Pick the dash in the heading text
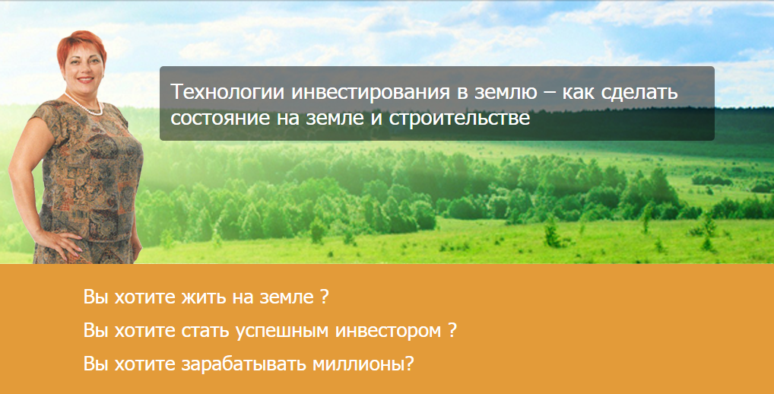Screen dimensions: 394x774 coord(535,94)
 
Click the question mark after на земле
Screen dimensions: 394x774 coord(325,297)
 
